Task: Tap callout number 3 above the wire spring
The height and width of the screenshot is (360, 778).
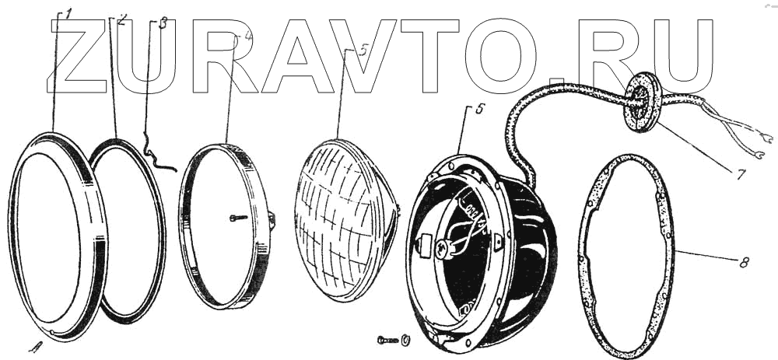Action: pyautogui.click(x=163, y=23)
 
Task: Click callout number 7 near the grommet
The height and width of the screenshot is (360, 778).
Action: pyautogui.click(x=741, y=174)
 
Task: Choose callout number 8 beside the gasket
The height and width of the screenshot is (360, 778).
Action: pyautogui.click(x=744, y=263)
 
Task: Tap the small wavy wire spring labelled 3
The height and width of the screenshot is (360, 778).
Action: pyautogui.click(x=158, y=152)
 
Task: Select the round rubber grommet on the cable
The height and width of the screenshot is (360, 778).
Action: pyautogui.click(x=642, y=102)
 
